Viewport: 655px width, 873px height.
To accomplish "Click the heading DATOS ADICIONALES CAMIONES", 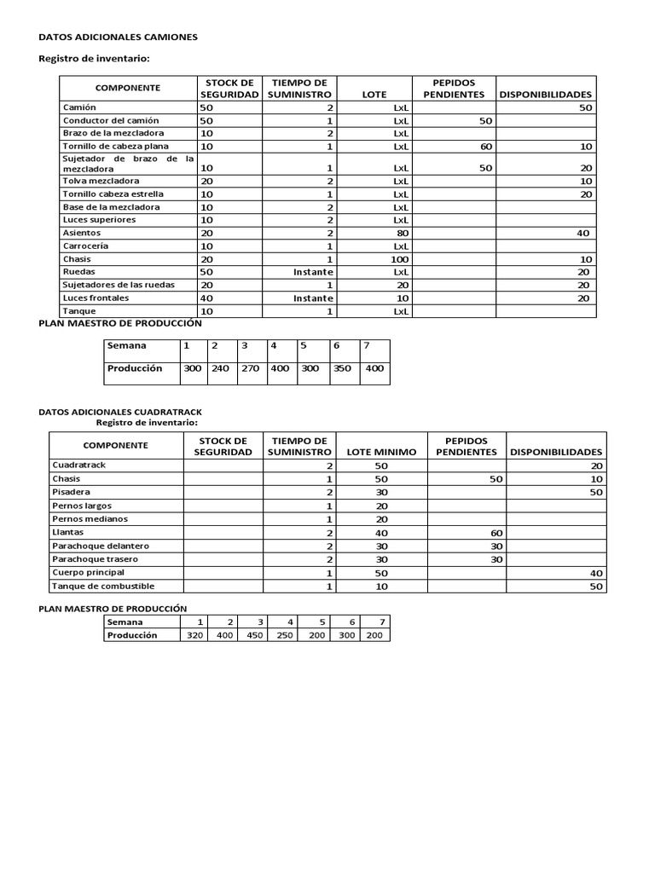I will (119, 38).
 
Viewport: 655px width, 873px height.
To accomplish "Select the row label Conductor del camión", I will (111, 121).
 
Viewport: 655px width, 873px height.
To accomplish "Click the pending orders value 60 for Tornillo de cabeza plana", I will (486, 147).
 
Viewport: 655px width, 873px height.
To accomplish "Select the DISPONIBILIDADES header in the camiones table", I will (546, 95).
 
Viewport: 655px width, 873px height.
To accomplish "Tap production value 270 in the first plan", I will (250, 369).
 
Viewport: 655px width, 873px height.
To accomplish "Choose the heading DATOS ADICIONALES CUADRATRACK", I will (120, 412).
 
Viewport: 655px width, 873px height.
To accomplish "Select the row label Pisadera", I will (71, 492).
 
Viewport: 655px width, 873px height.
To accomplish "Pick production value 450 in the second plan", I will (254, 635).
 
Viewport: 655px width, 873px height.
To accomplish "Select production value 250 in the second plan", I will (286, 635).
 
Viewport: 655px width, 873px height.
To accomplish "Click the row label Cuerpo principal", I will (88, 572).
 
